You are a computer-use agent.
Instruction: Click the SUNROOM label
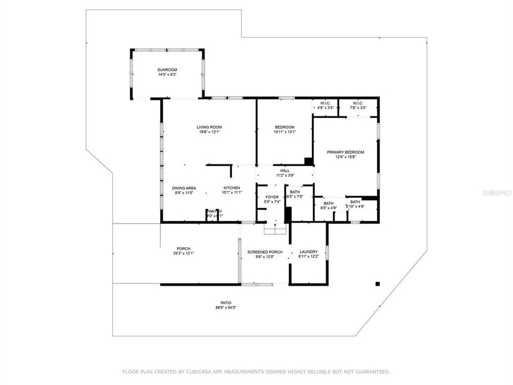167,70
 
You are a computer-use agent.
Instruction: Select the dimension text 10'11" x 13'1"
285,132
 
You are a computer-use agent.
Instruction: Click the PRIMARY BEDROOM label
345,152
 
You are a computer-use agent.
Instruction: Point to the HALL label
285,171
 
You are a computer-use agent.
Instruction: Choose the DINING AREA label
183,188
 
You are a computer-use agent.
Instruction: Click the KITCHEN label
231,188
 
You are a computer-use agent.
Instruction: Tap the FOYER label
272,197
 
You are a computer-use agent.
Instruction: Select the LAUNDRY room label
308,252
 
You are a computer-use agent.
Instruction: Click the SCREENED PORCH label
265,252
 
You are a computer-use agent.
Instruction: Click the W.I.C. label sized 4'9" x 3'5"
325,103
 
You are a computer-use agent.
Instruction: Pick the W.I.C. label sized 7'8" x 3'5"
358,103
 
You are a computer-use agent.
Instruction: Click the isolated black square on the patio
377,283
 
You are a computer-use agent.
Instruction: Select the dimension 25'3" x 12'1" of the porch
184,253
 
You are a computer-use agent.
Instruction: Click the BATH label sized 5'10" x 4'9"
355,202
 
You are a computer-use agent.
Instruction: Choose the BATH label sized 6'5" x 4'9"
329,203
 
